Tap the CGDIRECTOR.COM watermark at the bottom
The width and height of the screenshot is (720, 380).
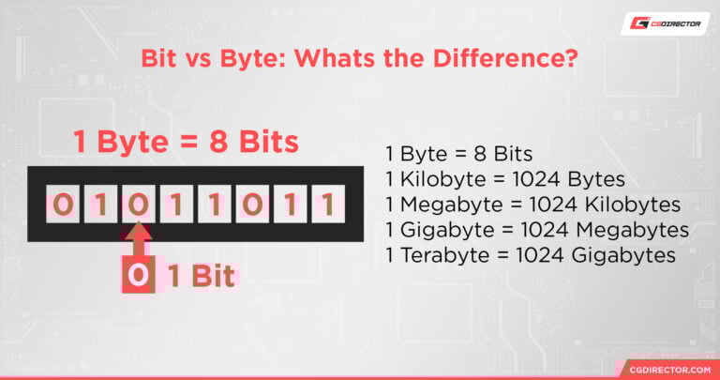click(662, 369)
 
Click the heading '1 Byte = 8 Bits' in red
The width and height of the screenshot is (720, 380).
click(186, 142)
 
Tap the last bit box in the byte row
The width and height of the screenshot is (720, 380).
click(325, 204)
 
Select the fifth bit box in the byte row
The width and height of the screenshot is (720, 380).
click(213, 204)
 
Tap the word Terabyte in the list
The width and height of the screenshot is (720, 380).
click(438, 254)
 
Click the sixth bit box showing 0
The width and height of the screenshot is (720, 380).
click(250, 204)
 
